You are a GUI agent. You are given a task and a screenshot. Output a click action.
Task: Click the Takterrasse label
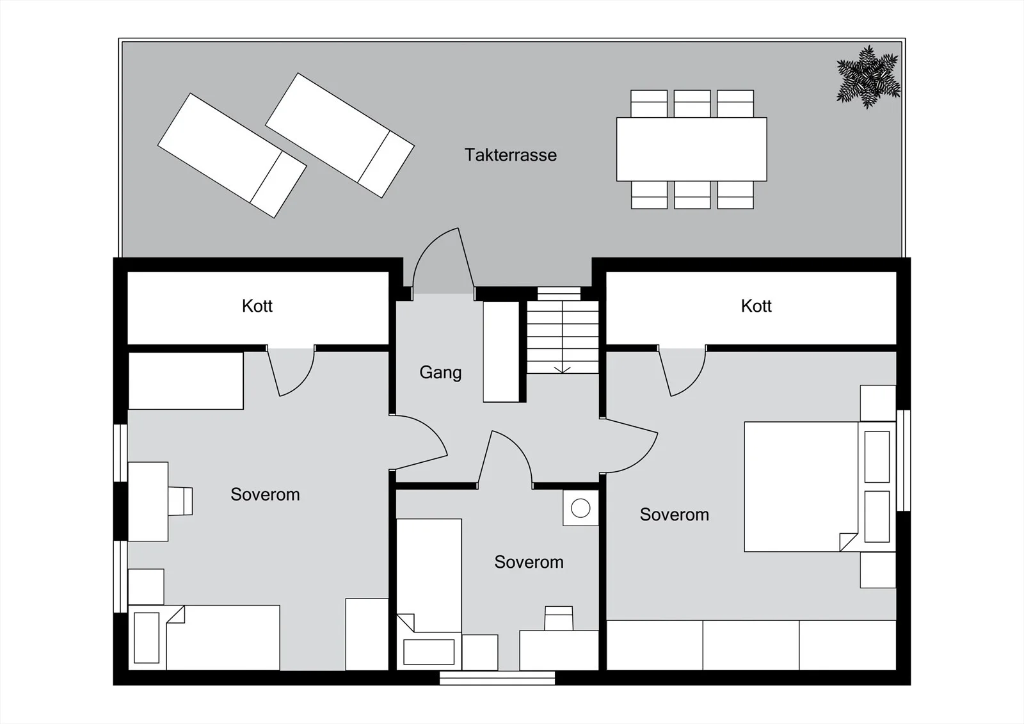(511, 155)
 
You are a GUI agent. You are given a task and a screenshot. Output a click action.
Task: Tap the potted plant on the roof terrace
(868, 76)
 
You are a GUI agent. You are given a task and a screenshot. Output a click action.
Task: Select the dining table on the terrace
(692, 149)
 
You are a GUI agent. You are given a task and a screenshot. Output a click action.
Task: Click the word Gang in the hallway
(440, 373)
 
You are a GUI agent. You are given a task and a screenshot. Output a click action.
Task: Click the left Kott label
(257, 306)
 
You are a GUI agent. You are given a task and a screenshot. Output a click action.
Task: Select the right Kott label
(756, 306)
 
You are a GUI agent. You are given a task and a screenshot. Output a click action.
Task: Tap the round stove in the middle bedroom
(580, 508)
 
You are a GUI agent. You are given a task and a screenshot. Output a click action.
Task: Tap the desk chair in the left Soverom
(180, 501)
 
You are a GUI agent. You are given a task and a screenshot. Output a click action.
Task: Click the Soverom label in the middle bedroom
(529, 562)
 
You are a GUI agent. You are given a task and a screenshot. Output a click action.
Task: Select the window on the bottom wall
(497, 678)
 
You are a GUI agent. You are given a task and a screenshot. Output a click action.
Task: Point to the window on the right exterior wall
(903, 460)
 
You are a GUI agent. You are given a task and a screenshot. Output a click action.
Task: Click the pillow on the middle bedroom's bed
(429, 652)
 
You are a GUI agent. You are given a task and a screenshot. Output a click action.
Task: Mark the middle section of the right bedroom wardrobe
(751, 645)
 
